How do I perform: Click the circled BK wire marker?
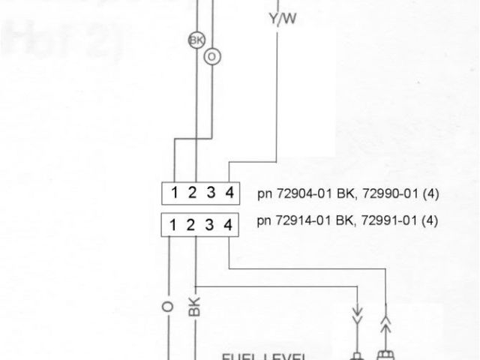(196, 40)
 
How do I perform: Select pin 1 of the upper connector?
(174, 193)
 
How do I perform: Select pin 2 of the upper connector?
(192, 193)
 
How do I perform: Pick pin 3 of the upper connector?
(211, 193)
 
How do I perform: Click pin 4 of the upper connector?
(229, 193)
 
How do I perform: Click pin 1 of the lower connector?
(174, 224)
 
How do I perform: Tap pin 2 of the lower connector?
(192, 224)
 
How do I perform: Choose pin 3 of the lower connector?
(211, 224)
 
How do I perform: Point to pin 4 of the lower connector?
(229, 224)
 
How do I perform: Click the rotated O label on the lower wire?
(166, 308)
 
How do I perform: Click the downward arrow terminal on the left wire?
(358, 310)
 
